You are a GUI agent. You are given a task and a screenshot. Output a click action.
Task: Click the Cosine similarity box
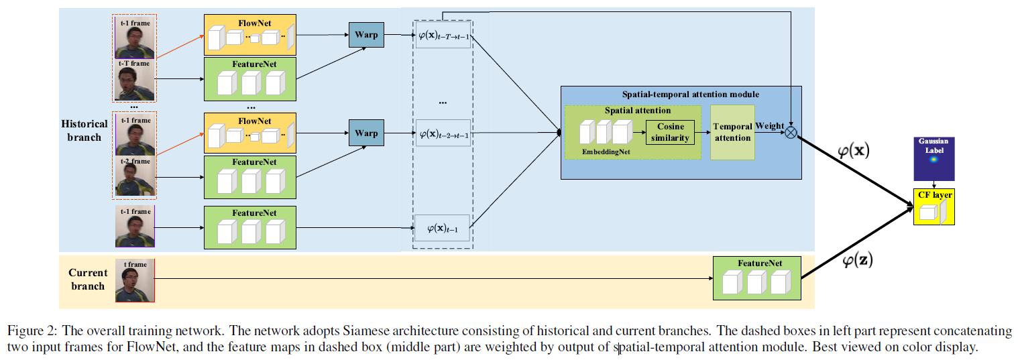click(x=670, y=133)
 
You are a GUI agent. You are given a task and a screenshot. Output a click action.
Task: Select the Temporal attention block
click(x=732, y=132)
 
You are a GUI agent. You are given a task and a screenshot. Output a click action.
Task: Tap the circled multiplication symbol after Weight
click(x=791, y=132)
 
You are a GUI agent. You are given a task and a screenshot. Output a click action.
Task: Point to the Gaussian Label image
click(x=934, y=159)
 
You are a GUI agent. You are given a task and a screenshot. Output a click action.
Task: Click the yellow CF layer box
click(x=933, y=206)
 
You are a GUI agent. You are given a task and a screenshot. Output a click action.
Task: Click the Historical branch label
click(x=84, y=131)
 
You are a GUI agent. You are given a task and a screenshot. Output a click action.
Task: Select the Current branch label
click(x=87, y=280)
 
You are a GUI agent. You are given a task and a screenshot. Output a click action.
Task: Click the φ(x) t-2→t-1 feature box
click(x=443, y=133)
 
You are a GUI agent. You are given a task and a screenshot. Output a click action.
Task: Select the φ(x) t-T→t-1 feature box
click(x=443, y=36)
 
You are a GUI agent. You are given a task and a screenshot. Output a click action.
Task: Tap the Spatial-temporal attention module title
click(x=680, y=95)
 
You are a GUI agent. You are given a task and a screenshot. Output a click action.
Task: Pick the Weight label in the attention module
click(x=769, y=126)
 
